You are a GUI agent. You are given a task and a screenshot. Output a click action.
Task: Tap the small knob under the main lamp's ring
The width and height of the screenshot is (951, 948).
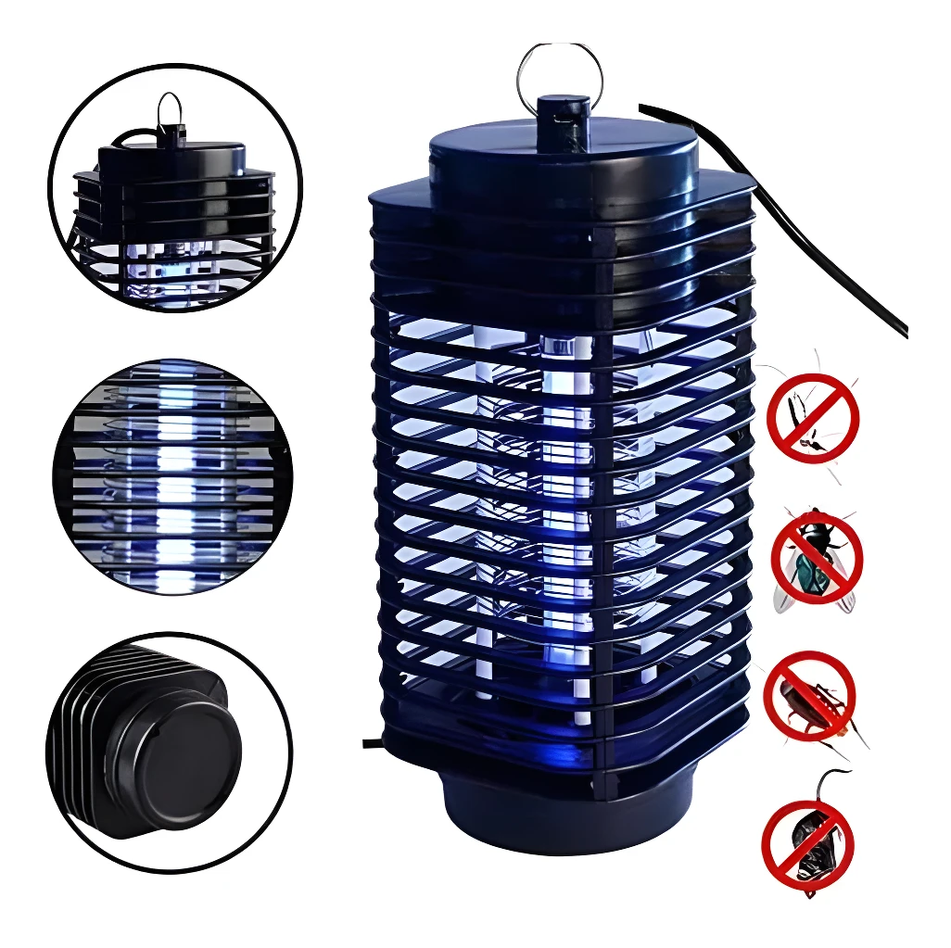click(x=562, y=114)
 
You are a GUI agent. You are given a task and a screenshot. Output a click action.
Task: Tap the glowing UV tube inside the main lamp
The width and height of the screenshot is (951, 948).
click(x=565, y=519)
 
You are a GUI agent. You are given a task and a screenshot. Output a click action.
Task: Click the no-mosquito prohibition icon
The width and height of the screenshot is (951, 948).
click(x=812, y=417)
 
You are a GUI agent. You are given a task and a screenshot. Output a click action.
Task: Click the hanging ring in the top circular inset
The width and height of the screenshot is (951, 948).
click(x=170, y=109)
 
